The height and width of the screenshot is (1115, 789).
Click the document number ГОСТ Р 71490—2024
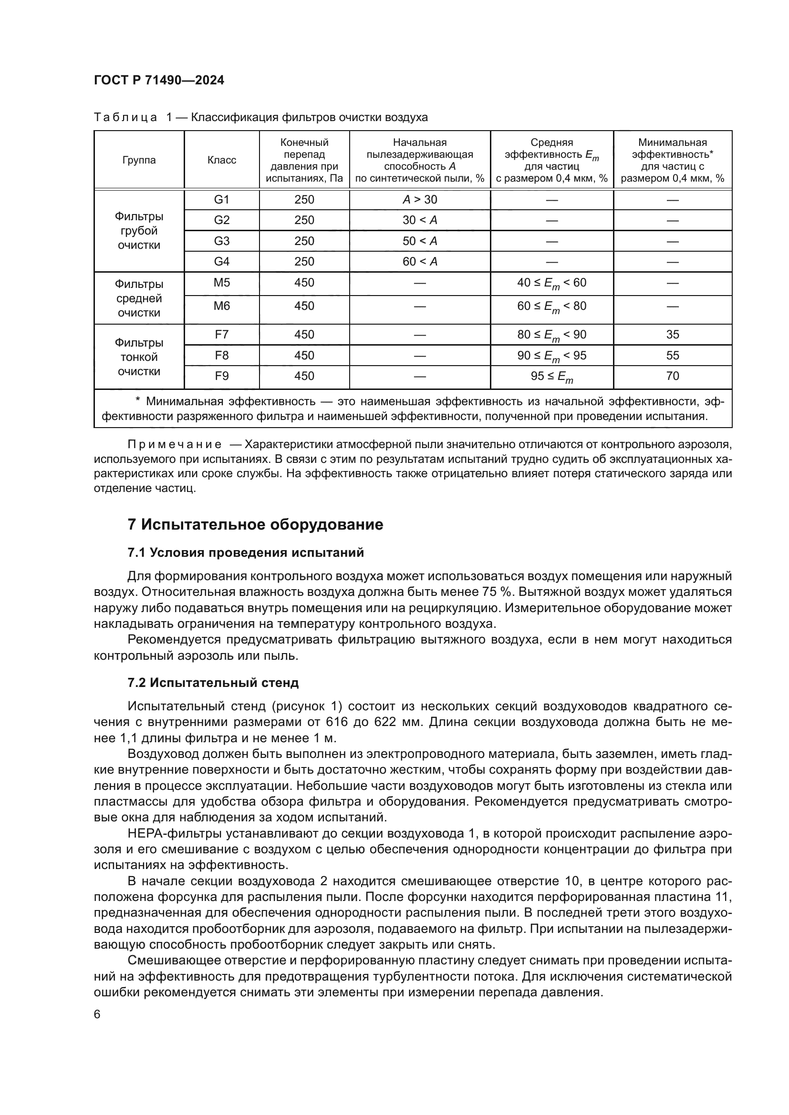[159, 81]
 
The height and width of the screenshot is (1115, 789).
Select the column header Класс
[221, 160]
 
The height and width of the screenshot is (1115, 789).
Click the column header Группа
[139, 160]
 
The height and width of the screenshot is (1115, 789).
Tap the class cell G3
[221, 241]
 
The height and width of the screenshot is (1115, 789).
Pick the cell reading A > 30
[420, 200]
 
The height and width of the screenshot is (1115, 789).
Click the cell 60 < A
[420, 261]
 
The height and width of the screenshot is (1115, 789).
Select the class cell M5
[221, 283]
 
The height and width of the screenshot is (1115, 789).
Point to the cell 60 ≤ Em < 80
[551, 307]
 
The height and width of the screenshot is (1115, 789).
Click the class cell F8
[221, 356]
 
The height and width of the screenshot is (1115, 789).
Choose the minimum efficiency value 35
[673, 335]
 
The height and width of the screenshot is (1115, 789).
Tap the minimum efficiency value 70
[673, 376]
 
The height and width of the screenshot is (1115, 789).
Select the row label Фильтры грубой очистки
[139, 231]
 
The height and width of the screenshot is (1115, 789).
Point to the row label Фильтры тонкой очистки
[139, 357]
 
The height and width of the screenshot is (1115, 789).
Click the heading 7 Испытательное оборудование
[255, 524]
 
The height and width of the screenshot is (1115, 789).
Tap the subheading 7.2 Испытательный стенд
[213, 682]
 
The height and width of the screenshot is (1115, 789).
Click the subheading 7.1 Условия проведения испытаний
[245, 552]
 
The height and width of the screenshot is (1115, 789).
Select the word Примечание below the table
[175, 444]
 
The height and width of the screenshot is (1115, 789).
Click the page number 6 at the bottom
[97, 1014]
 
